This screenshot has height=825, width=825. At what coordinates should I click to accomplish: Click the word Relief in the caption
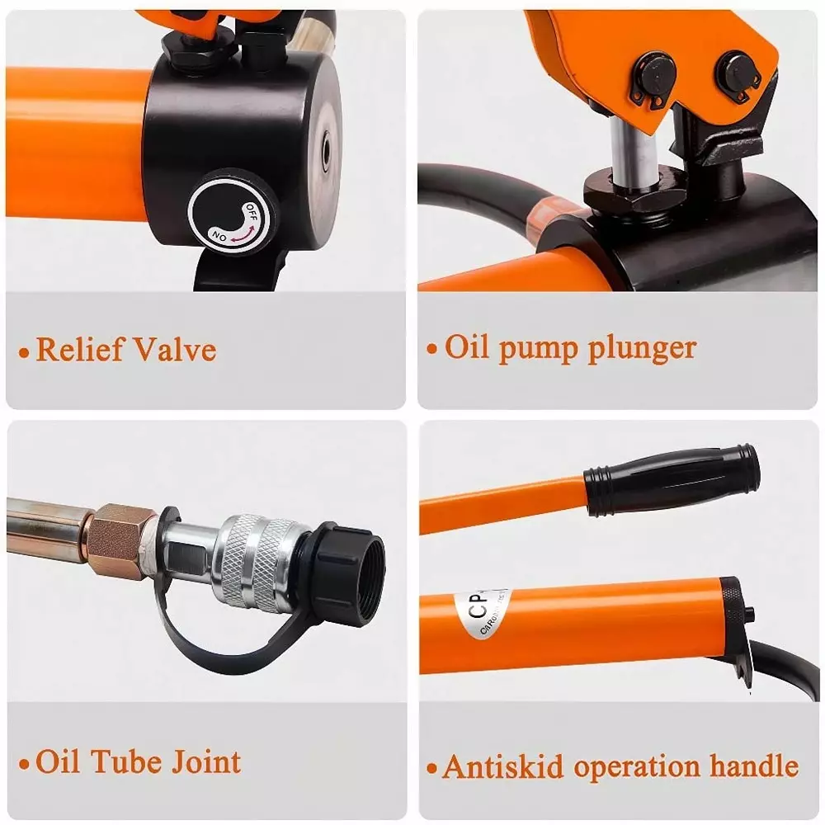click(x=81, y=350)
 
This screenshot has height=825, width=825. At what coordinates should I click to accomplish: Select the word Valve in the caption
click(x=177, y=350)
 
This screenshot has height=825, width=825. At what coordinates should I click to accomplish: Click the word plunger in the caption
click(x=641, y=348)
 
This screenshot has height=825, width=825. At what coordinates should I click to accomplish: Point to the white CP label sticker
click(x=483, y=615)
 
